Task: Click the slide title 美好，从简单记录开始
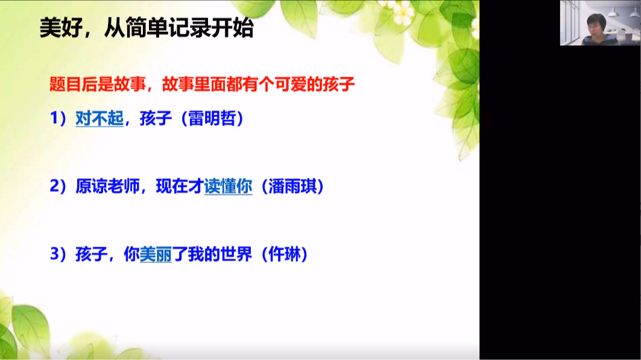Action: [x=147, y=28]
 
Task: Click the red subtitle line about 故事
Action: [x=202, y=84]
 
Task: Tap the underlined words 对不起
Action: [x=99, y=119]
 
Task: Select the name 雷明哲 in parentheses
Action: [x=212, y=119]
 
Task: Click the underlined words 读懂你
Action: [x=228, y=186]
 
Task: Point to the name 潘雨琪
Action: [x=292, y=186]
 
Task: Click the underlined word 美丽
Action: [x=156, y=254]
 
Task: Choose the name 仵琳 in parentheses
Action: [x=285, y=254]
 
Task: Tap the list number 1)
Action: [x=58, y=119]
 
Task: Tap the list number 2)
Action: [x=58, y=186]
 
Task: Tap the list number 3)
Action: [x=58, y=254]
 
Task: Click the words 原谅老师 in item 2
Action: [x=107, y=186]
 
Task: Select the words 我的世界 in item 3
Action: [x=220, y=254]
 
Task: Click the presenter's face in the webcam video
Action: [x=596, y=26]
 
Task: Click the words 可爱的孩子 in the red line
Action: [x=314, y=84]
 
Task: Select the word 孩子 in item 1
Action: [x=156, y=119]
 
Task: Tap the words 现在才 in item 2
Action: [x=180, y=186]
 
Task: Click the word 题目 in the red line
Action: [x=65, y=84]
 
